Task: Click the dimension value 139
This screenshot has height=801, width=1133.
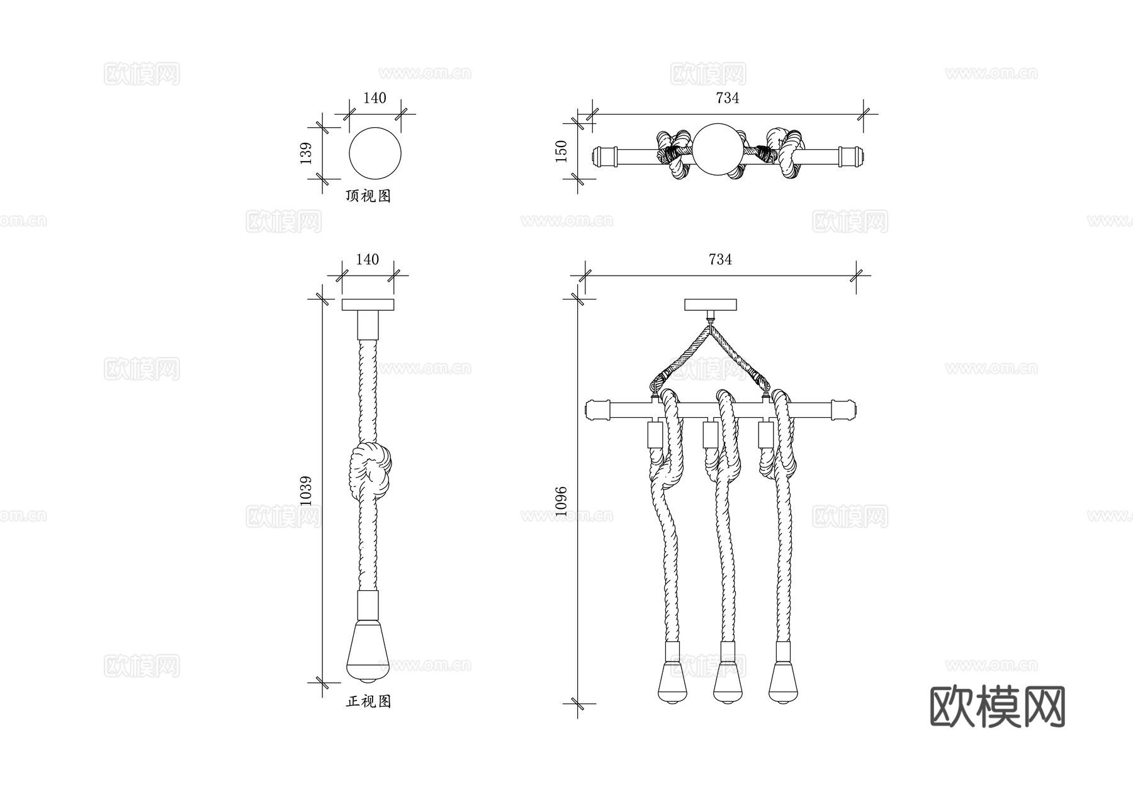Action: (x=306, y=154)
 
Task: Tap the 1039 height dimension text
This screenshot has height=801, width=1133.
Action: (x=306, y=491)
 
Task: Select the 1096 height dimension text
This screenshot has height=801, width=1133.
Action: (x=561, y=501)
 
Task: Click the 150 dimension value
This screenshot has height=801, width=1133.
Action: (x=561, y=152)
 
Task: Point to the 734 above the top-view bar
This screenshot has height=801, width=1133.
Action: (x=727, y=98)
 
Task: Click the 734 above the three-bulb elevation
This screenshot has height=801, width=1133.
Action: (x=720, y=259)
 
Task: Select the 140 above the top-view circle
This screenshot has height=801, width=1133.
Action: (x=375, y=98)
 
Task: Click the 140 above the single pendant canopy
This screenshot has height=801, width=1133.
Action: (x=368, y=259)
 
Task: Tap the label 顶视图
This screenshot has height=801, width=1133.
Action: (x=368, y=196)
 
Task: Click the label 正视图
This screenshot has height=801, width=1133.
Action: (x=368, y=702)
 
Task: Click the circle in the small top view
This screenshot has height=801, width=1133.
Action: (x=375, y=154)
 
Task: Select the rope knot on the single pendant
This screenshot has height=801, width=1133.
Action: (x=370, y=472)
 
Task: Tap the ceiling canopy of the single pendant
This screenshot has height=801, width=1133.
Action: (x=368, y=305)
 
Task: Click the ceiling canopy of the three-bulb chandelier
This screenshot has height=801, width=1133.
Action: (x=711, y=305)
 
